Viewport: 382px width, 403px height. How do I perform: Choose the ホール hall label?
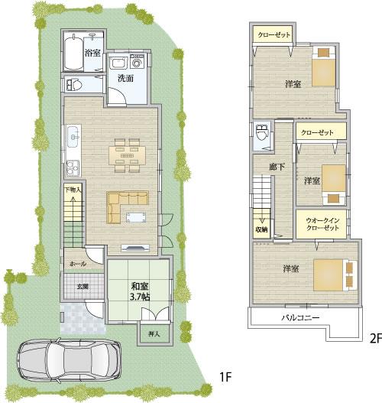pyautogui.click(x=78, y=263)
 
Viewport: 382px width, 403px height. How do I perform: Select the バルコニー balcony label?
pyautogui.click(x=300, y=317)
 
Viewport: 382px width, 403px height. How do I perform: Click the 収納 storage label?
pyautogui.click(x=262, y=228)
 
